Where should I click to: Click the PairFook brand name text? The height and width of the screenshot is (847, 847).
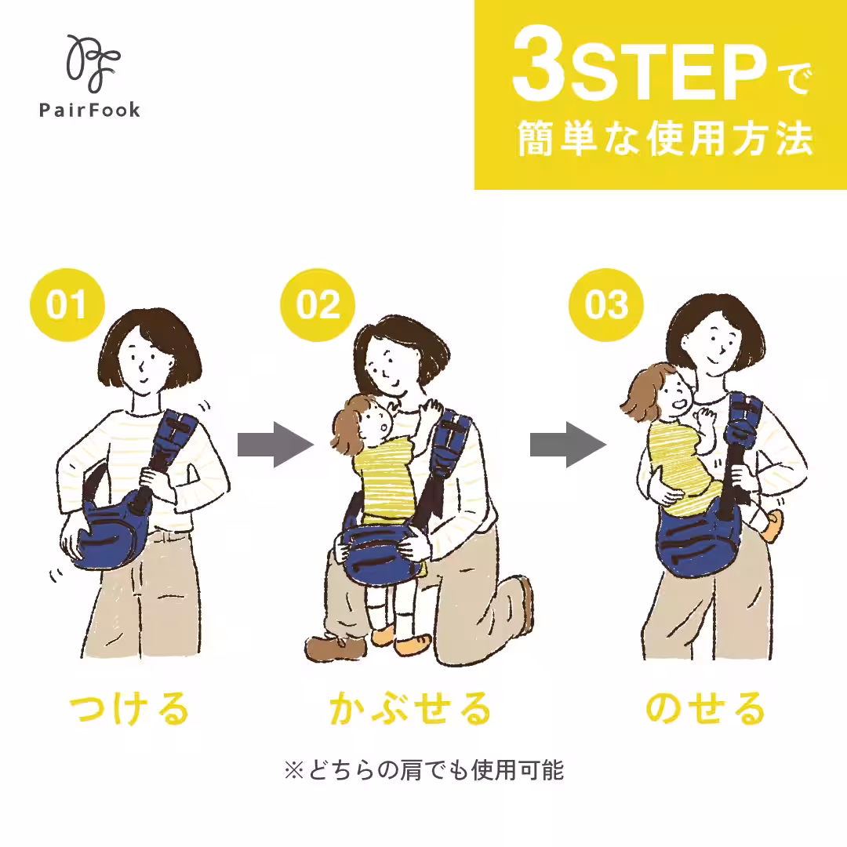[x=90, y=110]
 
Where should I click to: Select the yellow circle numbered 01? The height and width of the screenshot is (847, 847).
[x=66, y=305]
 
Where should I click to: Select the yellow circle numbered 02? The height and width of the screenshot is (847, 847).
[x=318, y=305]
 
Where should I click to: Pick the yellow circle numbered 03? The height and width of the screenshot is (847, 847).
[x=605, y=305]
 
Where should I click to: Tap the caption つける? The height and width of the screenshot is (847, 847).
[x=130, y=709]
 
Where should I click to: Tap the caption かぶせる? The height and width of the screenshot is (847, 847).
[x=409, y=709]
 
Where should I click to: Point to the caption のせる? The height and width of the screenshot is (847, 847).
[x=704, y=709]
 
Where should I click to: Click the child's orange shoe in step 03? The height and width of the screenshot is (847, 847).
[x=770, y=525]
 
